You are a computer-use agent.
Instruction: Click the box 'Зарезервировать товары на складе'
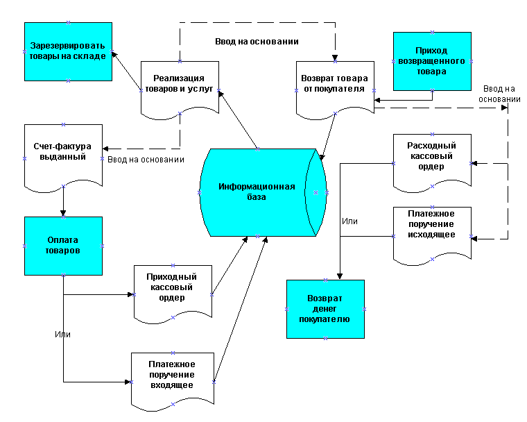tap(67, 51)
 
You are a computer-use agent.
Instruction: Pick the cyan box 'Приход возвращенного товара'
tap(431, 61)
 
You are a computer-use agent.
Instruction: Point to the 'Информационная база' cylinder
tap(257, 192)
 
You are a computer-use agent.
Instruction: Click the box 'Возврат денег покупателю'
tap(325, 309)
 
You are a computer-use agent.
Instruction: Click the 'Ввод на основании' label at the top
tap(257, 42)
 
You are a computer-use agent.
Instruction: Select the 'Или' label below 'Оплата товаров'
tap(62, 335)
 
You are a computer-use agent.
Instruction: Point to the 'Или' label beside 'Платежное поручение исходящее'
tap(349, 221)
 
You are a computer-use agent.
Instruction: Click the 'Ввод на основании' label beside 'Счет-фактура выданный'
tap(146, 160)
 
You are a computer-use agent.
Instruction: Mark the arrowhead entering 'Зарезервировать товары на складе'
tap(114, 55)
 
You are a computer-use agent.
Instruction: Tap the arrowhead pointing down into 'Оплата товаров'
tap(63, 212)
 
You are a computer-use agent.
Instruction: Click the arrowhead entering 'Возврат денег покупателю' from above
tap(339, 276)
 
